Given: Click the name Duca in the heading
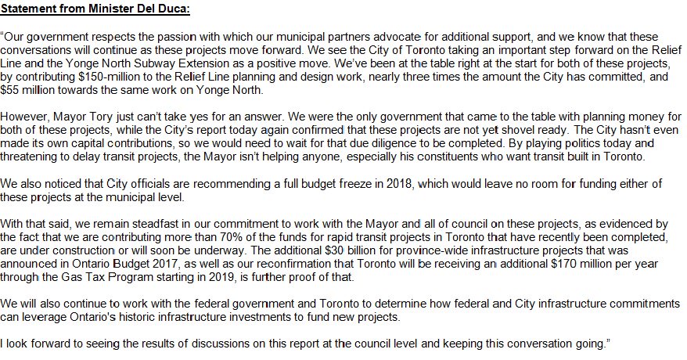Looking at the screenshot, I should [x=174, y=9].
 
